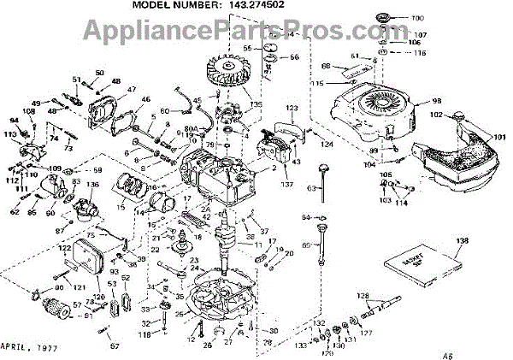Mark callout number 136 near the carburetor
92,186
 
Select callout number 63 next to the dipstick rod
314,187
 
